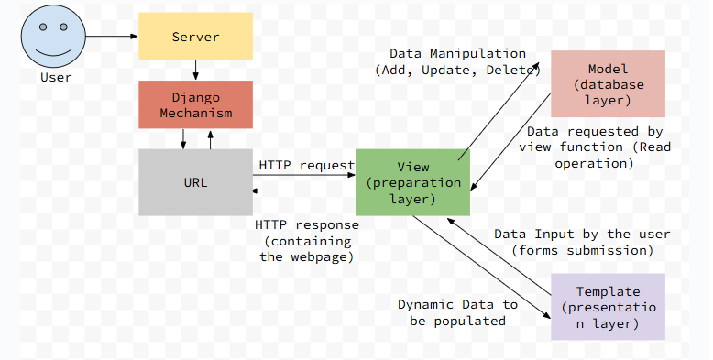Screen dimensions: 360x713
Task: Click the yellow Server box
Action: (195, 37)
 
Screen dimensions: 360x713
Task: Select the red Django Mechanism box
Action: (195, 104)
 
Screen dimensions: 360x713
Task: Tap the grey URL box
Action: (195, 181)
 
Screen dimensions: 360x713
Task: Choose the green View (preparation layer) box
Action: (413, 182)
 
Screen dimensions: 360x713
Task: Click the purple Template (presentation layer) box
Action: (609, 306)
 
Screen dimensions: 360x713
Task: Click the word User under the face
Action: (56, 78)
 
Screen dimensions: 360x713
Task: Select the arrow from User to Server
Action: (111, 37)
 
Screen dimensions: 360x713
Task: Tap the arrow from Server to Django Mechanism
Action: (195, 71)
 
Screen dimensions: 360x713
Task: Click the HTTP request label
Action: (306, 165)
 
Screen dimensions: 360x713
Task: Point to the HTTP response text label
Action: (307, 240)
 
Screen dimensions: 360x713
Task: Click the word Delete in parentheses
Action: (516, 70)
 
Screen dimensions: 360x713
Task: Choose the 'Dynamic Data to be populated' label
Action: (457, 312)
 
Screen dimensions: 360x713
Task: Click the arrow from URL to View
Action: (304, 175)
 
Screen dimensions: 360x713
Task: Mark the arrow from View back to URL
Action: (304, 190)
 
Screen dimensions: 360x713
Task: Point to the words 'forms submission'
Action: (582, 250)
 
